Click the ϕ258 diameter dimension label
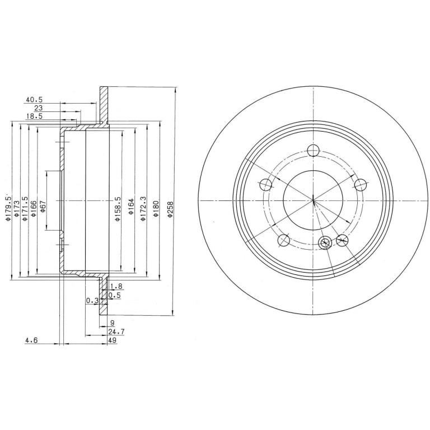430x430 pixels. [x=171, y=209]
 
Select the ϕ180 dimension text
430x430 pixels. [x=156, y=209]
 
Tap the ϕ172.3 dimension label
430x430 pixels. [x=143, y=209]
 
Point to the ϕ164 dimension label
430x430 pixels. [x=131, y=206]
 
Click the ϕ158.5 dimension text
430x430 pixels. [x=118, y=209]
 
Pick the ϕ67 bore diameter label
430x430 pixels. [x=43, y=206]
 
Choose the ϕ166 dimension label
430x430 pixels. [x=34, y=209]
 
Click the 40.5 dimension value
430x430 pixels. [x=34, y=100]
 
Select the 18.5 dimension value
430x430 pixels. [x=34, y=116]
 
